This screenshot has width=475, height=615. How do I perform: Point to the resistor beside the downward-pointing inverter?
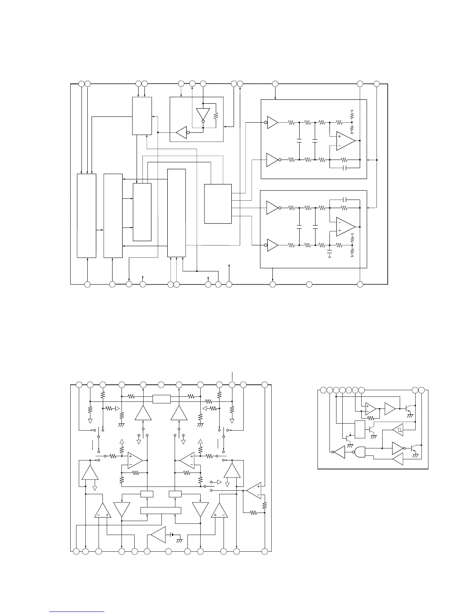coord(216,115)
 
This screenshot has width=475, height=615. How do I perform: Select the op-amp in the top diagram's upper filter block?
coord(345,141)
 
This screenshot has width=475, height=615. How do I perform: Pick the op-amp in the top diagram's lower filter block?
coord(345,226)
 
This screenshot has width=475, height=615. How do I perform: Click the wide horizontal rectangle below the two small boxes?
coord(160,510)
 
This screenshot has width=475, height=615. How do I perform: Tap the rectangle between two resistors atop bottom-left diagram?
coord(161,399)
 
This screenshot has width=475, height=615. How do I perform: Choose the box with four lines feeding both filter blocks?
coord(218,204)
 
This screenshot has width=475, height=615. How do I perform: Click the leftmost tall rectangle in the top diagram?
coord(87,215)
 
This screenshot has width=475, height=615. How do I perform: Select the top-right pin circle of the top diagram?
coord(376,83)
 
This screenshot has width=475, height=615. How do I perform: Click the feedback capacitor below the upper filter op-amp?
coord(343,168)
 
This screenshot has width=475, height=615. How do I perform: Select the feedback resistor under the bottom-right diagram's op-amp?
coord(371,418)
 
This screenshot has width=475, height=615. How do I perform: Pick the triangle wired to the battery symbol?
coord(158,536)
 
